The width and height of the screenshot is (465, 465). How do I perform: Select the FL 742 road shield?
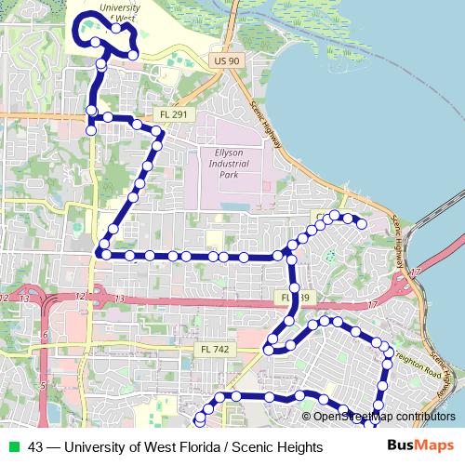pos(209,349)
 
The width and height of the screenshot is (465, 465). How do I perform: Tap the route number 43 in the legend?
pos(35,447)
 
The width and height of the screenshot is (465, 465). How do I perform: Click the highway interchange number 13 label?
pos(119,297)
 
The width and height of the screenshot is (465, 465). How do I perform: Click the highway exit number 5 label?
pos(42,383)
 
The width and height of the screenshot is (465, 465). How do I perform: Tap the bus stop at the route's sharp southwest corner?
pos(99,253)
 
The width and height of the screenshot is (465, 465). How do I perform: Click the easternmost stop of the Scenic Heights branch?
pos(362,223)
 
